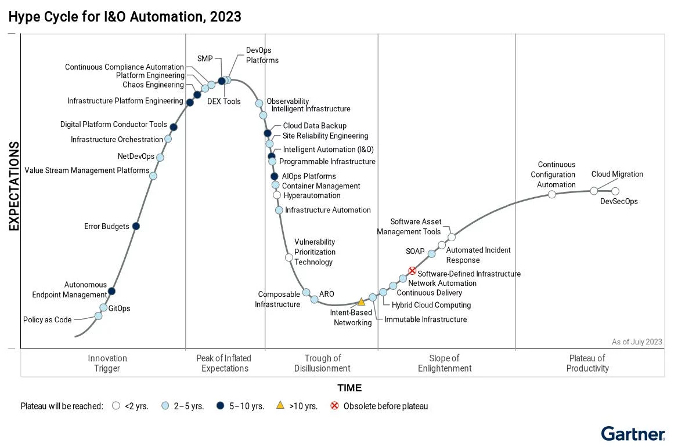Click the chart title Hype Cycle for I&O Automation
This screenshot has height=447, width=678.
point(125,17)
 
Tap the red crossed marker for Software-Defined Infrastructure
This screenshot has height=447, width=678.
point(412,271)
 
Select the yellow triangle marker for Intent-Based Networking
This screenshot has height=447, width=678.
point(361,301)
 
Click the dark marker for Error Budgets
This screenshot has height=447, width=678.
point(136,226)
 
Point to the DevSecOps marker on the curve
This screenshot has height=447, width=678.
point(615,191)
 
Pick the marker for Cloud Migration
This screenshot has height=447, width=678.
point(594,191)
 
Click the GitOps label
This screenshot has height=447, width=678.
point(120,308)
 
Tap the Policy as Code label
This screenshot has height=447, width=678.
point(48,320)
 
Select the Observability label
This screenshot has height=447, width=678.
point(288,101)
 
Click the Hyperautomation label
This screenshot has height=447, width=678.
point(312,196)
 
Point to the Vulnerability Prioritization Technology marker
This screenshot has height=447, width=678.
point(289,257)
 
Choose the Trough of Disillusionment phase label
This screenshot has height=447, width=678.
point(322,363)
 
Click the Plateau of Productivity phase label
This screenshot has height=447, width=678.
point(587,363)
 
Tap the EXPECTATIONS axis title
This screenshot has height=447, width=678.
point(14,186)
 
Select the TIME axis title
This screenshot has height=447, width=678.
point(349,388)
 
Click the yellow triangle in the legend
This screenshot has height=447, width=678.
point(280,406)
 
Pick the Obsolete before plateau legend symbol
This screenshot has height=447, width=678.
point(334,406)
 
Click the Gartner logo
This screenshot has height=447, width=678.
point(633,434)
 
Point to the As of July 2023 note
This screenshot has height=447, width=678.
point(637,342)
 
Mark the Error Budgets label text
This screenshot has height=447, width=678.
point(107,227)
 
